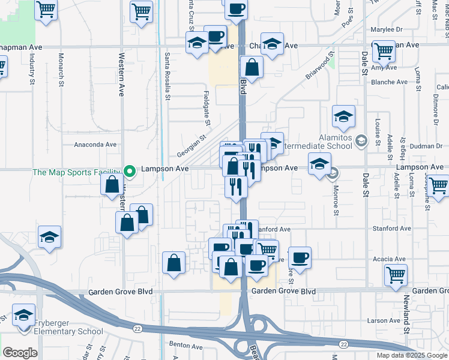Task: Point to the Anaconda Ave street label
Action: pos(95,145)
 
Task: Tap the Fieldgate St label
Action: pos(207,109)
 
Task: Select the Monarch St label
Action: pos(61,69)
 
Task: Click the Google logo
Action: pos(20,353)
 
